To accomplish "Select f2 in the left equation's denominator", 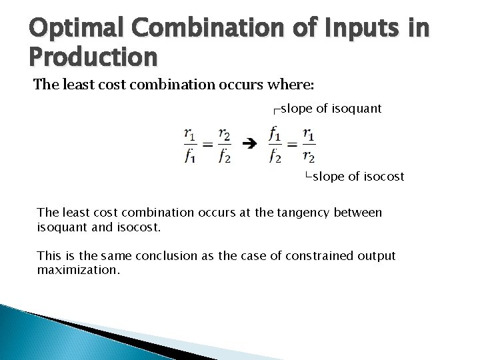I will click(226, 156).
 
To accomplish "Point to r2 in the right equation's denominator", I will click(309, 156).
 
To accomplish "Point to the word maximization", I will click(79, 271).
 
